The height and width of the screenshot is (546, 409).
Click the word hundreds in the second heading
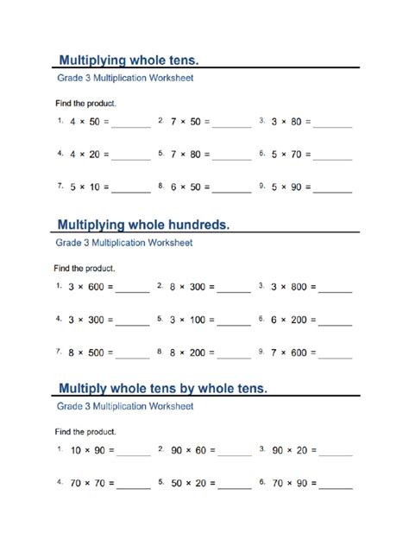(194, 225)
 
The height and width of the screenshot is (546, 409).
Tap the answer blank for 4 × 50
(131, 124)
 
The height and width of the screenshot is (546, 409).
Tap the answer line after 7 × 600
(335, 355)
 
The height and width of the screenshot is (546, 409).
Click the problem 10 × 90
(87, 450)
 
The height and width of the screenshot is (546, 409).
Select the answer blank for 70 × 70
(133, 486)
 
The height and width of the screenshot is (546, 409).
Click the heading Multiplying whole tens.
(128, 60)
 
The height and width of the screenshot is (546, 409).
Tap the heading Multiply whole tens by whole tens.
(162, 388)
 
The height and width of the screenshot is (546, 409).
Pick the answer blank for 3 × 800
(335, 289)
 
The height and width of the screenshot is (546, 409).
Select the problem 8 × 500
(86, 352)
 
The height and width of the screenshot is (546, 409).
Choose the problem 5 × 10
(85, 186)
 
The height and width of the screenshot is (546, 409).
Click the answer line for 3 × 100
(234, 322)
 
